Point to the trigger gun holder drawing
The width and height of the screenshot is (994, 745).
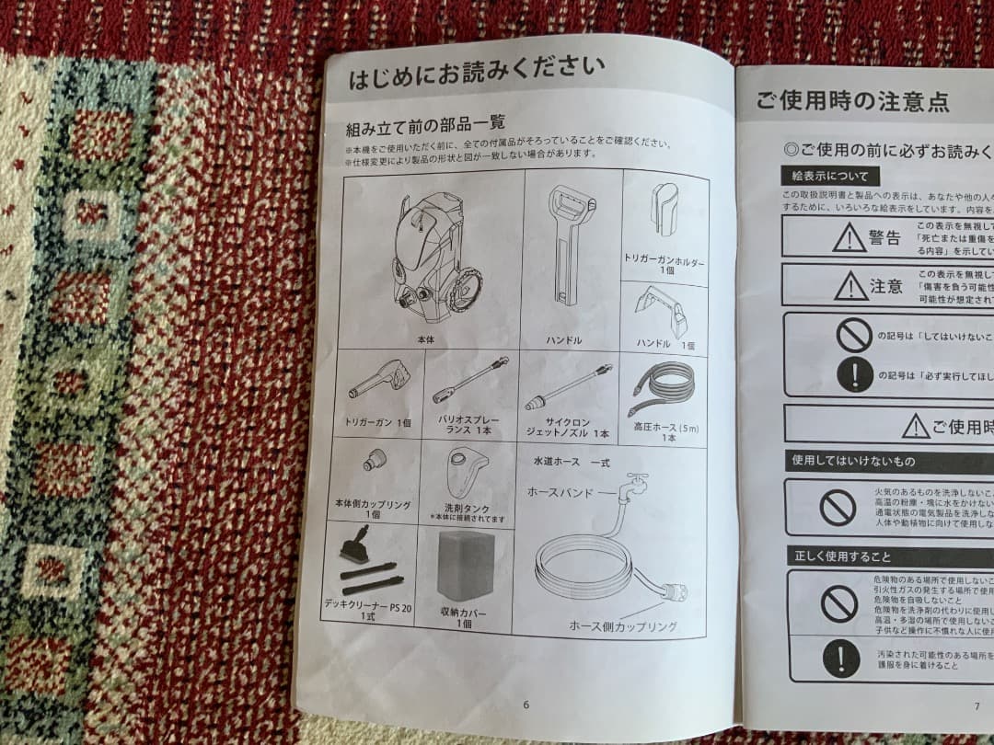tap(666, 208)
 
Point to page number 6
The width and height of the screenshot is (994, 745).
tap(526, 705)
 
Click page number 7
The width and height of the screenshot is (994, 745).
tap(976, 706)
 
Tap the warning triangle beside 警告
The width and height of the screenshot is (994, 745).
tap(848, 238)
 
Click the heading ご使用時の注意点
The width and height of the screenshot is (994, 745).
tap(852, 101)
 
